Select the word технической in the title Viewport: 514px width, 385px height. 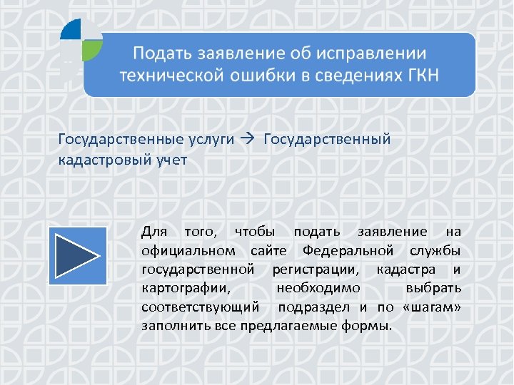(166, 76)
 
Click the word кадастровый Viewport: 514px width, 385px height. (104, 160)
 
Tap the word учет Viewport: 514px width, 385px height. (171, 160)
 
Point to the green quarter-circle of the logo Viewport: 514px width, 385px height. (92, 49)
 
